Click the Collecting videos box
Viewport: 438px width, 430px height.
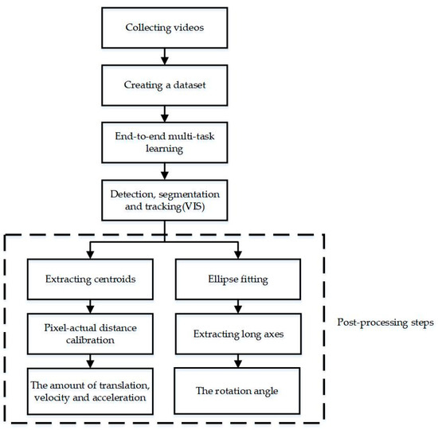pyautogui.click(x=164, y=29)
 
